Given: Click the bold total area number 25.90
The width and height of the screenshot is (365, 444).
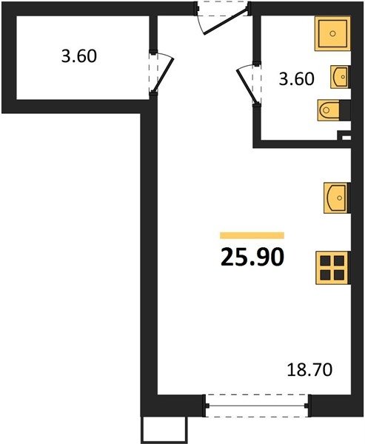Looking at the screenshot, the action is [x=252, y=257].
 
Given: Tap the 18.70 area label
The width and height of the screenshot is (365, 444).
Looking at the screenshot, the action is [x=309, y=370].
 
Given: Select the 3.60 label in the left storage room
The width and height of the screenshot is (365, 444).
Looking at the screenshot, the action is [x=79, y=55].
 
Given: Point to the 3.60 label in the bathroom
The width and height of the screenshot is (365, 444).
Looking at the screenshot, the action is [x=296, y=78].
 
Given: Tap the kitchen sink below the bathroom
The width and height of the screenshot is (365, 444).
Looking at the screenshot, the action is [x=337, y=198].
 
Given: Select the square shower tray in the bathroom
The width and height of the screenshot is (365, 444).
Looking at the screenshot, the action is [x=332, y=33].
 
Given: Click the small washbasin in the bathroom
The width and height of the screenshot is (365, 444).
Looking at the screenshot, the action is [x=341, y=77].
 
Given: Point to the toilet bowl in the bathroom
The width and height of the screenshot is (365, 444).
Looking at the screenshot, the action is [x=329, y=110].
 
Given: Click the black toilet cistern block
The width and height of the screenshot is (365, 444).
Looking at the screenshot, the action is [x=345, y=110].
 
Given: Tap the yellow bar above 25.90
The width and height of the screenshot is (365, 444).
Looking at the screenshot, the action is [x=252, y=235].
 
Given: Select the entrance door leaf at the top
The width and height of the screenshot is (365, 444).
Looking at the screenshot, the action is [x=226, y=22].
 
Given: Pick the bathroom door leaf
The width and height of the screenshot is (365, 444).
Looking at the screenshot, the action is [x=247, y=87].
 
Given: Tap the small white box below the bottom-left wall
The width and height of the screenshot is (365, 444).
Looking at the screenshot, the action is [x=164, y=429].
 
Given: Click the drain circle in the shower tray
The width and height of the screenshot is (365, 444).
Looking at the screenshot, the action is [x=332, y=34].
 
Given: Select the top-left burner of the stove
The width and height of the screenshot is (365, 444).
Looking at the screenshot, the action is [x=326, y=260].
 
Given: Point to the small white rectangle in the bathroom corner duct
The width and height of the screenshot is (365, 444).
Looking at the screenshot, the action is [x=346, y=138].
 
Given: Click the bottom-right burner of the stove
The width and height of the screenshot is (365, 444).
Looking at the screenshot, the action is [x=339, y=275].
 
